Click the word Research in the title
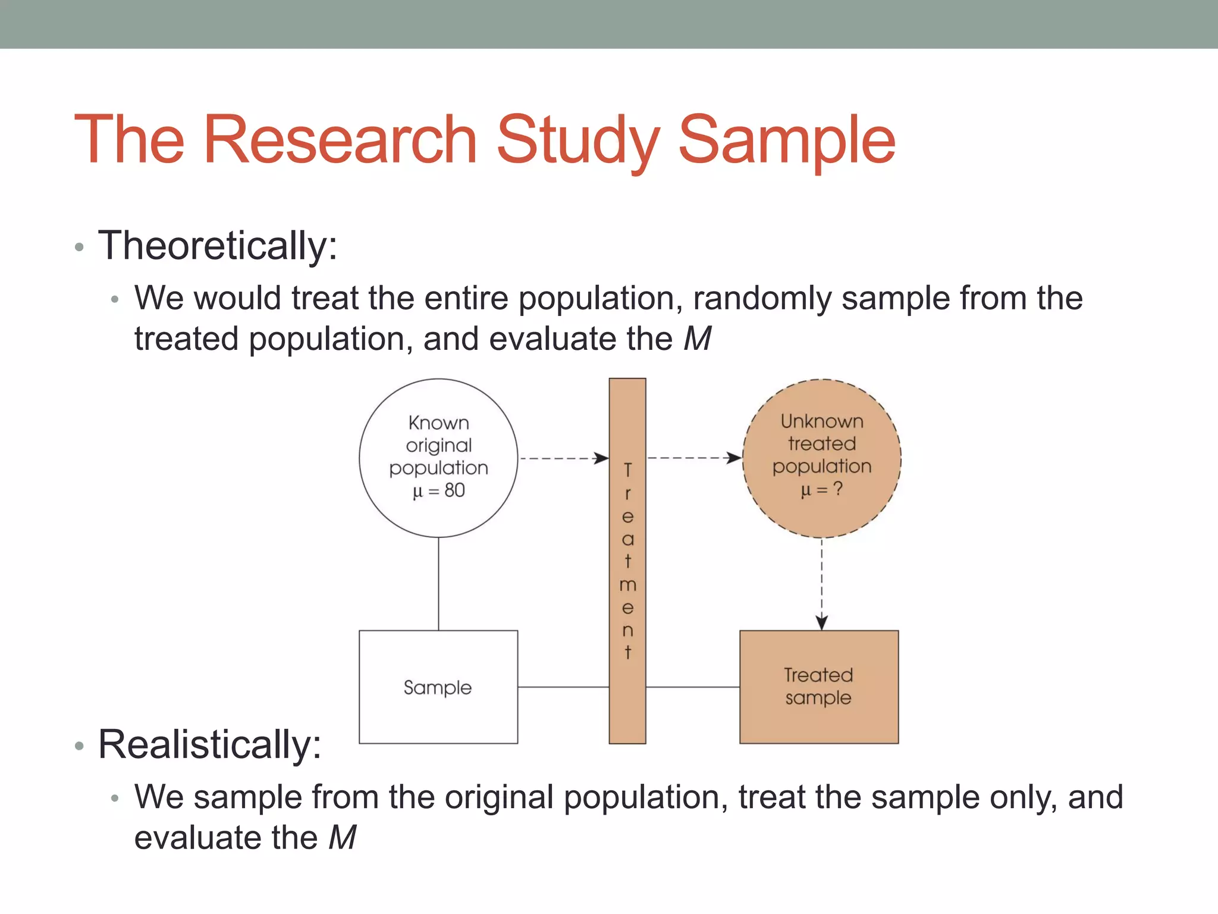pyautogui.click(x=340, y=140)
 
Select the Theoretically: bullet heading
pyautogui.click(x=218, y=246)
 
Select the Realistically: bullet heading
pyautogui.click(x=209, y=744)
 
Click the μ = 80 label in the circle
pyautogui.click(x=439, y=491)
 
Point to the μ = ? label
pyautogui.click(x=822, y=490)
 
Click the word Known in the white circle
pyautogui.click(x=439, y=423)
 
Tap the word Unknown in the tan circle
pyautogui.click(x=822, y=421)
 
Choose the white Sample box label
pyautogui.click(x=438, y=688)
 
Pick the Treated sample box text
pyautogui.click(x=818, y=686)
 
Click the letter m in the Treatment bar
pyautogui.click(x=627, y=586)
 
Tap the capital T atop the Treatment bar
pyautogui.click(x=627, y=470)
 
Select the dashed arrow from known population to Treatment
pyautogui.click(x=562, y=458)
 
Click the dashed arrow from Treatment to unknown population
pyautogui.click(x=693, y=458)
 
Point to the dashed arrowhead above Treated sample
pyautogui.click(x=822, y=622)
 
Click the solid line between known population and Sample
pyautogui.click(x=439, y=583)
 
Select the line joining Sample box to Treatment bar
pyautogui.click(x=563, y=687)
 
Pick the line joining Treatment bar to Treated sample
pyautogui.click(x=692, y=687)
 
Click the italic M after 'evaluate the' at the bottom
pyautogui.click(x=343, y=838)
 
